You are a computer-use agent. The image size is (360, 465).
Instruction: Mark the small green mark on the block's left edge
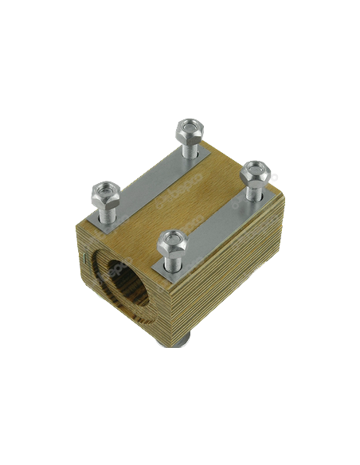pos(83,259)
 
